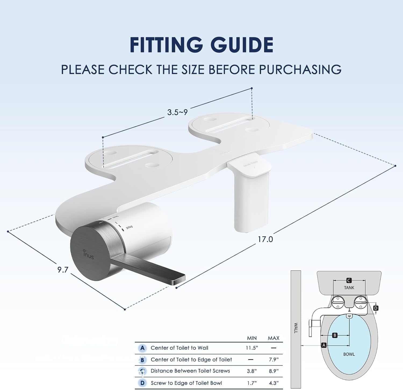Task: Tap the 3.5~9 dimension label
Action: click(x=177, y=112)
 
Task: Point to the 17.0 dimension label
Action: click(x=265, y=239)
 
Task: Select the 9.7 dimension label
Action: click(x=63, y=270)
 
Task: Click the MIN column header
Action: click(x=252, y=338)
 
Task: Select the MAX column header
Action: click(x=274, y=338)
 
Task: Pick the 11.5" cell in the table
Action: click(x=252, y=348)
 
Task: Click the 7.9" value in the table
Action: click(x=274, y=360)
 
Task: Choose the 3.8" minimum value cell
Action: click(x=252, y=371)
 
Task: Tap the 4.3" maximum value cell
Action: click(x=274, y=383)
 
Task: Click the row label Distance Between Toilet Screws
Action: click(x=190, y=371)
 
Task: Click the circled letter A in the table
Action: click(x=142, y=348)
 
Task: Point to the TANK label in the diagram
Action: click(x=349, y=288)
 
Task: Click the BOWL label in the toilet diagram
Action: click(x=349, y=354)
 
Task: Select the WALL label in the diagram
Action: click(x=296, y=328)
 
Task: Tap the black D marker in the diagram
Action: click(x=376, y=308)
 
